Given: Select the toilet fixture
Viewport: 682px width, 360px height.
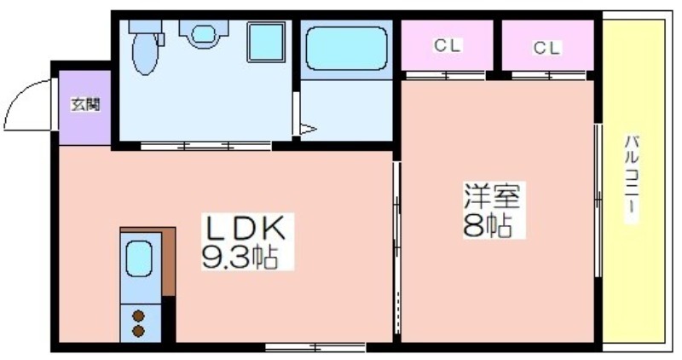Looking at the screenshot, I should tap(146, 47).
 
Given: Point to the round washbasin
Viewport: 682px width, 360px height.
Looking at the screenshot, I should tap(204, 35).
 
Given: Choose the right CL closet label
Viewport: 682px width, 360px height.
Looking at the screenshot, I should tap(547, 49).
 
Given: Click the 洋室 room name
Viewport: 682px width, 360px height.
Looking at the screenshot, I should tap(492, 196).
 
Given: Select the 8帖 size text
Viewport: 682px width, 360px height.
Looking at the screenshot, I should tap(488, 225).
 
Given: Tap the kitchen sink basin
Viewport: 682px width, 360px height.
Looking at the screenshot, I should tap(139, 259).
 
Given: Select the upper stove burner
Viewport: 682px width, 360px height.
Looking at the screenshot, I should tap(138, 316).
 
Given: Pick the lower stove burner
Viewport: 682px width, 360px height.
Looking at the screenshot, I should tap(138, 331).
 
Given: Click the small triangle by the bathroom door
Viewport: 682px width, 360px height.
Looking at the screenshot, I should tap(307, 131).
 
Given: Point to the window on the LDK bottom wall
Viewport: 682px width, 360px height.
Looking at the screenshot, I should tap(315, 346).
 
